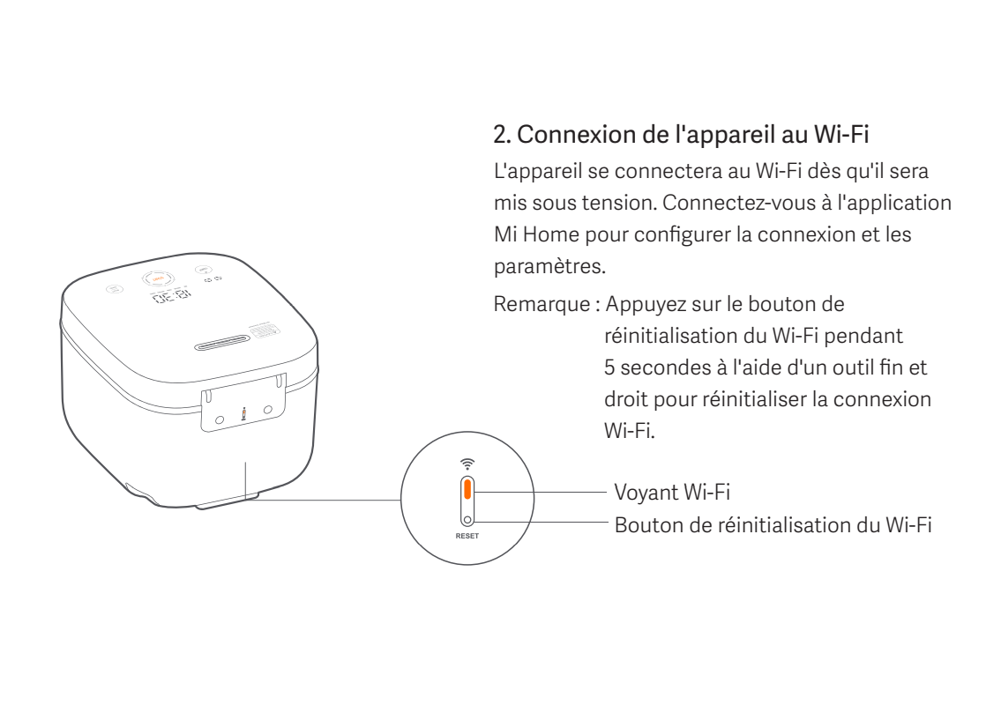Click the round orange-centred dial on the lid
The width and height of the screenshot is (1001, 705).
coord(158,276)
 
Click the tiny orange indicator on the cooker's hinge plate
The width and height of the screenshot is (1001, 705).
coord(244,413)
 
